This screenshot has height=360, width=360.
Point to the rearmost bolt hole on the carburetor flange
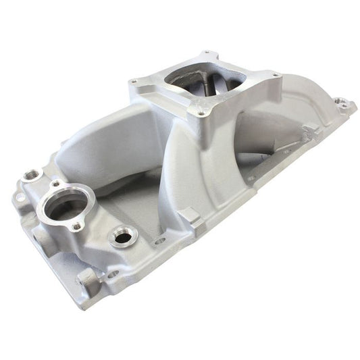(205, 52)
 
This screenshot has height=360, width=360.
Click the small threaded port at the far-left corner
(30, 175)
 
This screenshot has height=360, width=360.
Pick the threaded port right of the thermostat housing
(124, 236)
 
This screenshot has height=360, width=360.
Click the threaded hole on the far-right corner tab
(345, 105)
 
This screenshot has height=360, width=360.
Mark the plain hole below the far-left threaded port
(21, 198)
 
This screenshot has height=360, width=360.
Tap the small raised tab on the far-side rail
(307, 128)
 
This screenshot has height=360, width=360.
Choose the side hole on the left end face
(32, 234)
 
